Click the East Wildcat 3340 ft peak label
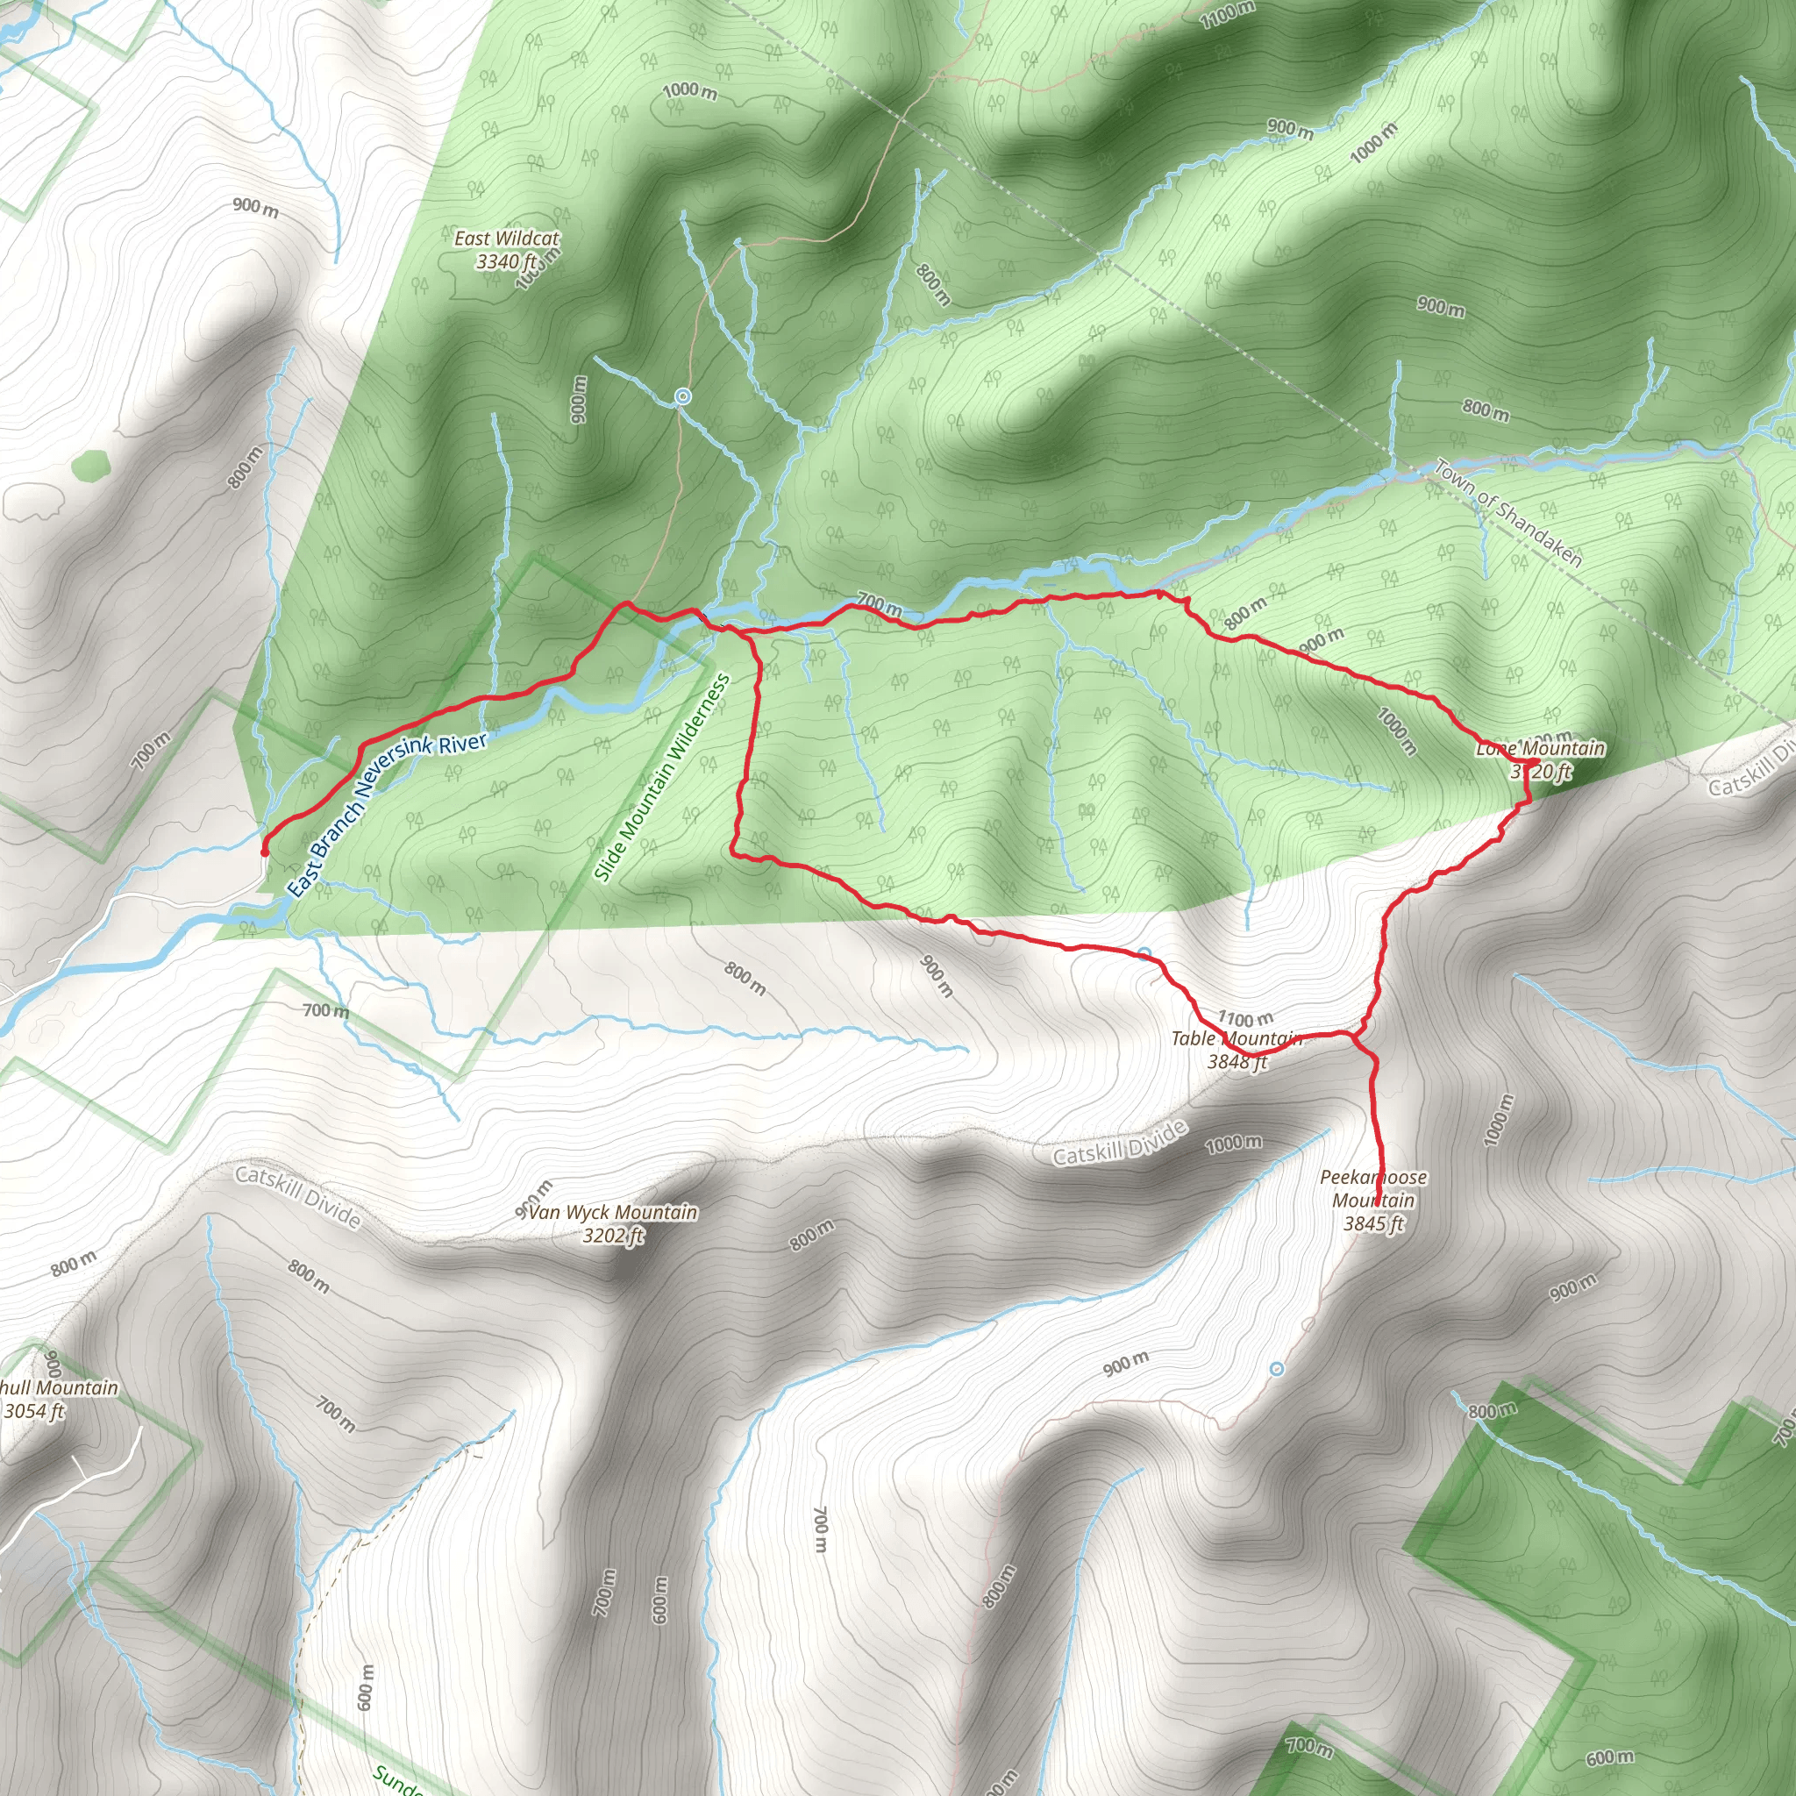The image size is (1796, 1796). coord(507,250)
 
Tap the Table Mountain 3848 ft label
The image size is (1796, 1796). coord(1237,1050)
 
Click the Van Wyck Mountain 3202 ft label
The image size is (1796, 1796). coord(614,1223)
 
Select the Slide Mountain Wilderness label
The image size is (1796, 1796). coord(662,777)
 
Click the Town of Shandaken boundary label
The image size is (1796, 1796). coord(1507,513)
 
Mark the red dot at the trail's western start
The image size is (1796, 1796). coord(264,852)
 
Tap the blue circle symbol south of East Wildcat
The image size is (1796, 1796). coord(683,397)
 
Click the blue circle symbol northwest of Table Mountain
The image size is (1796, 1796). coord(1144,954)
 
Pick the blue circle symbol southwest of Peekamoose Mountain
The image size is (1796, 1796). coord(1276,1369)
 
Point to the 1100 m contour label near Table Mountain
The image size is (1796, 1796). coord(1245,1019)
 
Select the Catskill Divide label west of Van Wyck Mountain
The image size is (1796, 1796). coord(297,1195)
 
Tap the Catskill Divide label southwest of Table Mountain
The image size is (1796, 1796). coord(1120,1144)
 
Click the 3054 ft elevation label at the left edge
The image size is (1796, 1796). coord(34,1411)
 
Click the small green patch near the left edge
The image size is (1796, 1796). coord(89,465)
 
